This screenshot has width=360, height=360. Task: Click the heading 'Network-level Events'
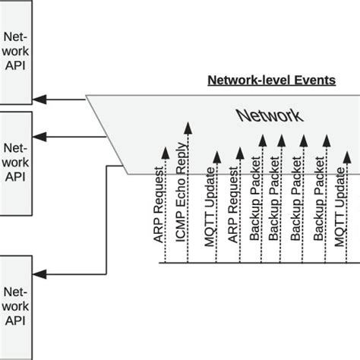pos(272,80)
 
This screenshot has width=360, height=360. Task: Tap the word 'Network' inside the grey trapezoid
pos(269,115)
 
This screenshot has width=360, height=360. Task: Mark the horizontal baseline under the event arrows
pos(258,264)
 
